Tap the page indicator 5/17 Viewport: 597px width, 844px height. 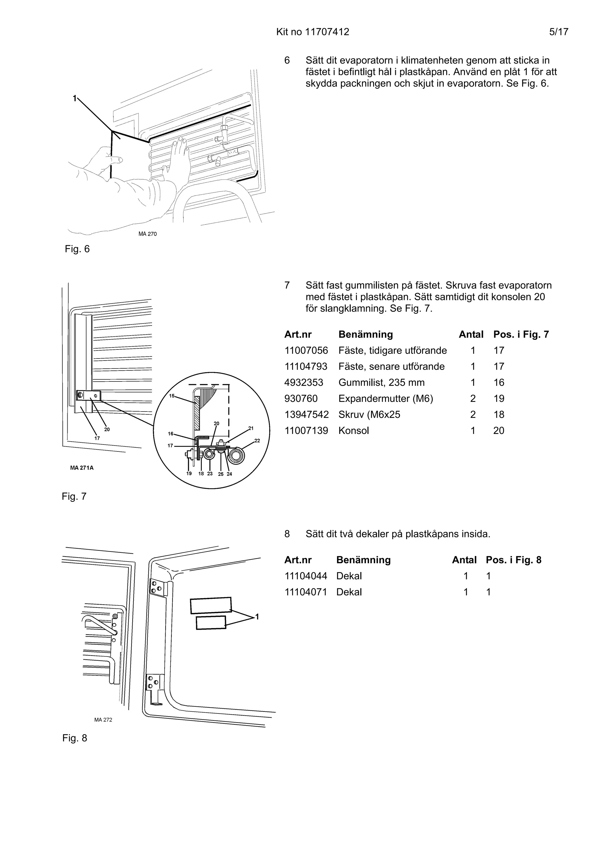pyautogui.click(x=559, y=32)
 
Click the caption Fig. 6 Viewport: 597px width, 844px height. pyautogui.click(x=77, y=249)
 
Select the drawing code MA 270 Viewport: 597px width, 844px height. pyautogui.click(x=148, y=234)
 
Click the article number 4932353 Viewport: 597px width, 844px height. pyautogui.click(x=303, y=382)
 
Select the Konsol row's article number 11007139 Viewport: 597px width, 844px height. pyautogui.click(x=306, y=430)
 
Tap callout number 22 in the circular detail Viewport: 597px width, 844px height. pyautogui.click(x=257, y=440)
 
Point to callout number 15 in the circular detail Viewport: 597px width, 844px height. pyautogui.click(x=172, y=395)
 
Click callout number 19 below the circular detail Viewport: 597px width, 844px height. pyautogui.click(x=189, y=474)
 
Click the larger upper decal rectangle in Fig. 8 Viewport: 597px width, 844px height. pyautogui.click(x=211, y=605)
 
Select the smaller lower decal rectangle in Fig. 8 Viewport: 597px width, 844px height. pyautogui.click(x=211, y=623)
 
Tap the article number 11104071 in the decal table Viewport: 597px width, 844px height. pyautogui.click(x=306, y=592)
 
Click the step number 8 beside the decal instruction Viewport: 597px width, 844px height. pyautogui.click(x=287, y=534)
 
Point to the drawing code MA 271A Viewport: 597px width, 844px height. pyautogui.click(x=82, y=468)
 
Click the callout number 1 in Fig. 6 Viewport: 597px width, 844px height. pyautogui.click(x=74, y=98)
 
